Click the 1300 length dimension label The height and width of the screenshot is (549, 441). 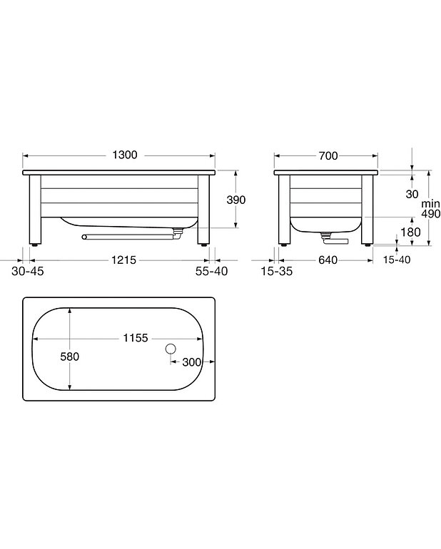125,155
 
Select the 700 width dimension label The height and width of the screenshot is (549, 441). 328,156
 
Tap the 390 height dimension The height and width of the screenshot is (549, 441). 236,200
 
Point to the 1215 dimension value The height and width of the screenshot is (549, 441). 123,260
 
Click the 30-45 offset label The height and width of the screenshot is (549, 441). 28,271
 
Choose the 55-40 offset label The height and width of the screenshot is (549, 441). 211,271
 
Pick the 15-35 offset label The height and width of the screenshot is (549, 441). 277,271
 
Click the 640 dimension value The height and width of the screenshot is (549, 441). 328,260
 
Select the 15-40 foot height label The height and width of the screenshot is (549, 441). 397,260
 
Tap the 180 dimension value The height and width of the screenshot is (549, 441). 410,232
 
